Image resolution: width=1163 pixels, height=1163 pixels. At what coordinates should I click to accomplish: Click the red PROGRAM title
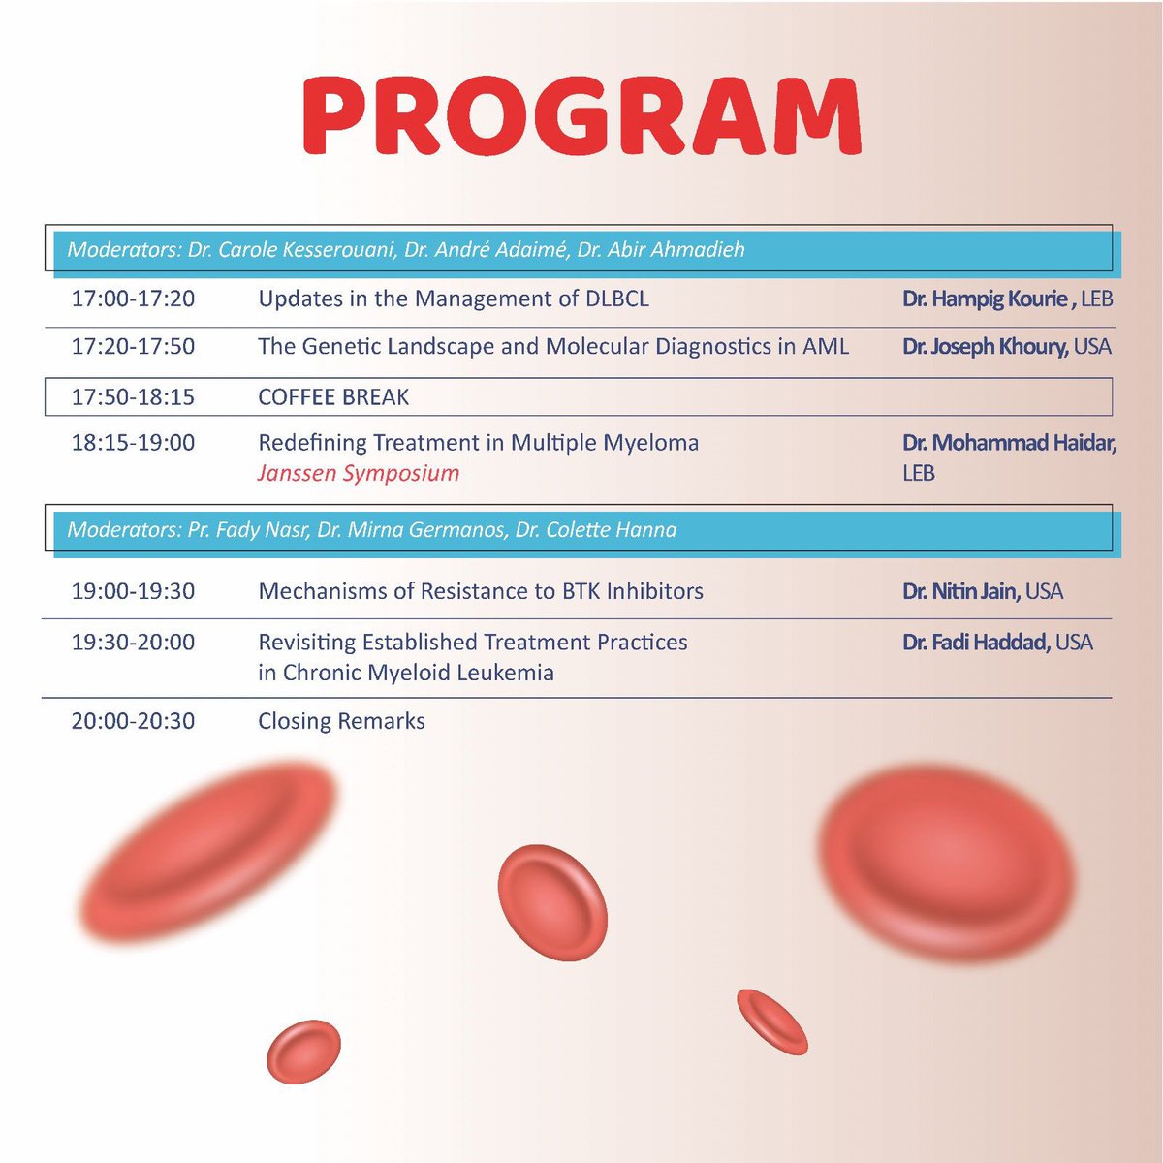pos(581,116)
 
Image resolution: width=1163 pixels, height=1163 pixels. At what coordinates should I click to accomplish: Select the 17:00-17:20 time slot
pos(133,299)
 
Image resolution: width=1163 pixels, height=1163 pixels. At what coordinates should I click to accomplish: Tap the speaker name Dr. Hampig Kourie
pos(985,299)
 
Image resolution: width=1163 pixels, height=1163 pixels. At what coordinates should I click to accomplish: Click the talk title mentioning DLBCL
pos(453,299)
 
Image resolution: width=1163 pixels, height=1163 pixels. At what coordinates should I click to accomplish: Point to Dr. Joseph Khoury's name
pos(985,346)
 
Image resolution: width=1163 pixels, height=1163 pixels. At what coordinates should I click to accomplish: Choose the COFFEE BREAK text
pos(333,397)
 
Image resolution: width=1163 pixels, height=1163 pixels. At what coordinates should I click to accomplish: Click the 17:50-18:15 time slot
pos(133,397)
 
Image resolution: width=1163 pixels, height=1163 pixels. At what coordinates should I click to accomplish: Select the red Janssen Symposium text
pos(359,473)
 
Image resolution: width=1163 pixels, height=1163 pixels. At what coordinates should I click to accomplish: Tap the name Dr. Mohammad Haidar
pos(1009,443)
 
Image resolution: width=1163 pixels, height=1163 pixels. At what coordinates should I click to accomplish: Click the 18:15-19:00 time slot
pos(133,443)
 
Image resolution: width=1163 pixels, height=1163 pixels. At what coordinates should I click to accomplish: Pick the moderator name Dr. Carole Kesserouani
pos(291,250)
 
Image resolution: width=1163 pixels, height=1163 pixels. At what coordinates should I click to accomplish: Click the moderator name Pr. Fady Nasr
pos(247,530)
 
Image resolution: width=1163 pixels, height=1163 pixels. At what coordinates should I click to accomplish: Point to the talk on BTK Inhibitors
pos(481,591)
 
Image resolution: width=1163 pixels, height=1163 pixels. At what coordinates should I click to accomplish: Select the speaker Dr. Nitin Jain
pos(960,591)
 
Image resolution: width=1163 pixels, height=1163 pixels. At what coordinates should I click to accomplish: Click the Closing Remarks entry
pos(341,721)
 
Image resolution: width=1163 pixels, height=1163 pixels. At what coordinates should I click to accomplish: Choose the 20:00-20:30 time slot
pos(133,721)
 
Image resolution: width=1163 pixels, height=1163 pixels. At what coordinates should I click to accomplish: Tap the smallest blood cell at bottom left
pos(303,1052)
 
